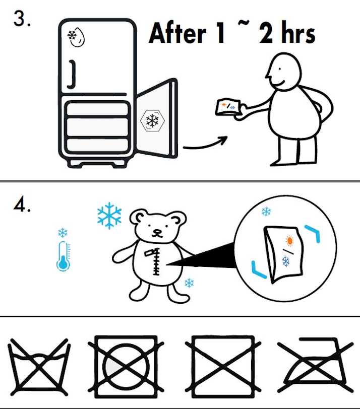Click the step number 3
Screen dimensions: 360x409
coord(22,19)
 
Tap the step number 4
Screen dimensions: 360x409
coord(22,206)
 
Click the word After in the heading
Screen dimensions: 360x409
coord(177,33)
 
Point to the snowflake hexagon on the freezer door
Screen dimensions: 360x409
coord(152,120)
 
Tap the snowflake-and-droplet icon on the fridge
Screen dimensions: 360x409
coord(76,36)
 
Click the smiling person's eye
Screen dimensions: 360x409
coord(280,69)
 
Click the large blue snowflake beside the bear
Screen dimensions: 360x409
coord(109,216)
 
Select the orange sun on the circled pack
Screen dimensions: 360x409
coord(289,240)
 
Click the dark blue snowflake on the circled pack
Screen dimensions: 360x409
coord(286,261)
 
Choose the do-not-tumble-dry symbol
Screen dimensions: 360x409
coord(126,367)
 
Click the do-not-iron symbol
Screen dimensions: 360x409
coord(315,365)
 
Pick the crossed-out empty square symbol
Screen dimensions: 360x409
coord(223,367)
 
